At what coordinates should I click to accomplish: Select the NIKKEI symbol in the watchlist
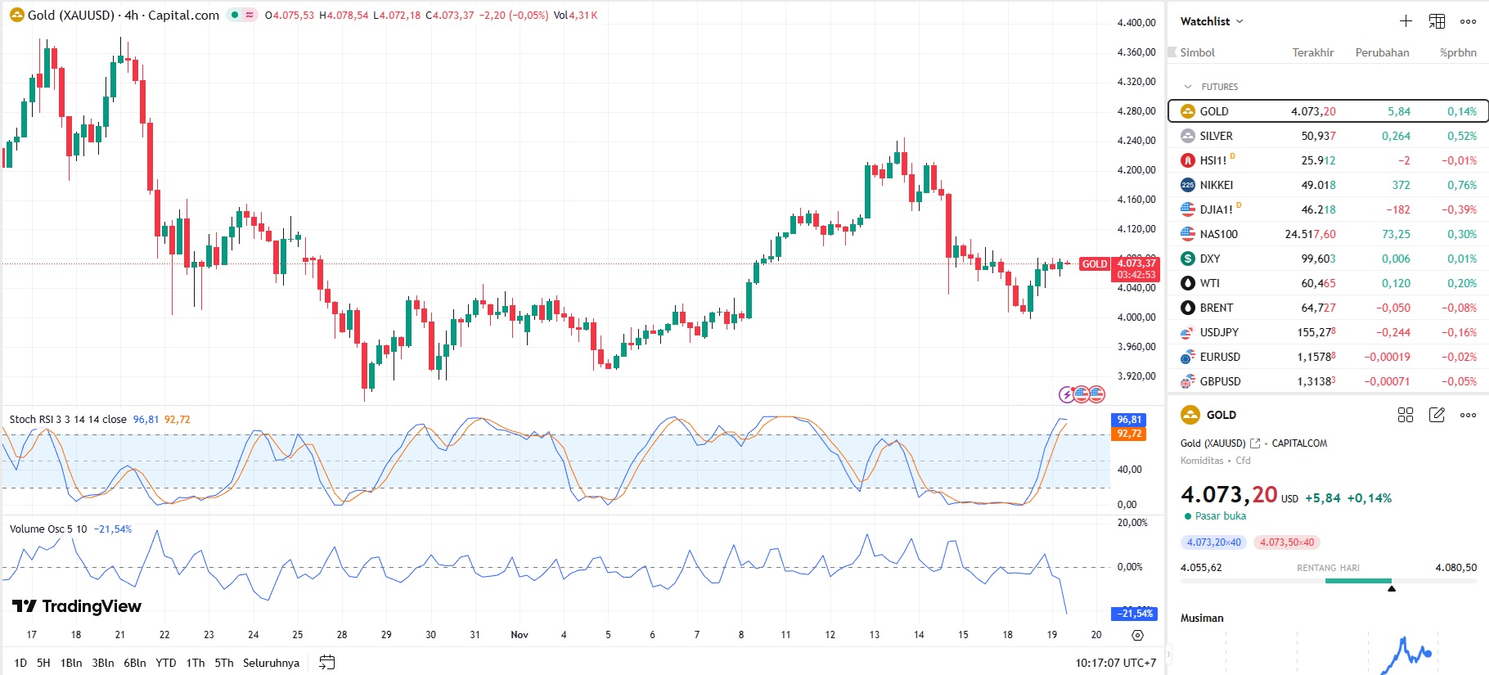tap(1216, 185)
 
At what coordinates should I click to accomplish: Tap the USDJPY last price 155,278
tap(1316, 332)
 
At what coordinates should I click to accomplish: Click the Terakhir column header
tap(1312, 52)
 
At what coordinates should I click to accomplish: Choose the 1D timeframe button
tap(20, 663)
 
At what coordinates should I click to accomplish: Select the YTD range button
tap(166, 663)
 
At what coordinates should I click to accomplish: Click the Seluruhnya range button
tap(271, 663)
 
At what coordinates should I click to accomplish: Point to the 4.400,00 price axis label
tap(1136, 23)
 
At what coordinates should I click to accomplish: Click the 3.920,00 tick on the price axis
tap(1136, 376)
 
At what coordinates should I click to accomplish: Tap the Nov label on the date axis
tap(520, 635)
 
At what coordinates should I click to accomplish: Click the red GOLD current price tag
tap(1094, 264)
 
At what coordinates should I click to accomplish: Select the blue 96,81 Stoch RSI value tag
tap(1129, 420)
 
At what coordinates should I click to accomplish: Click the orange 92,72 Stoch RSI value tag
tap(1129, 434)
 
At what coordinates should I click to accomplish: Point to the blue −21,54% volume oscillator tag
tap(1135, 614)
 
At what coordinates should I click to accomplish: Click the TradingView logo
tap(77, 606)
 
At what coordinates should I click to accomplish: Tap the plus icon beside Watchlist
tap(1406, 21)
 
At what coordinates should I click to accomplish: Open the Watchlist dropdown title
tap(1211, 21)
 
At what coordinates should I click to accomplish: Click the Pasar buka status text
tap(1220, 516)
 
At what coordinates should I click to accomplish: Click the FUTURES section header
tap(1219, 87)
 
